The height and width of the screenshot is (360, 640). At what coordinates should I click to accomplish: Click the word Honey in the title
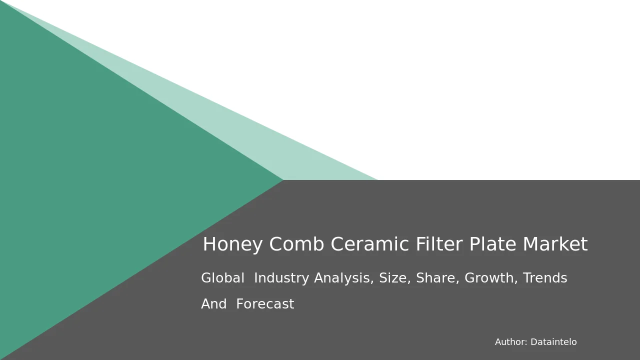pos(232,244)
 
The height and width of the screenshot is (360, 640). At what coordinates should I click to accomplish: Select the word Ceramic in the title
pos(370,244)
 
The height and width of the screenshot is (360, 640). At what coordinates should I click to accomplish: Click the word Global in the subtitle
pos(223,277)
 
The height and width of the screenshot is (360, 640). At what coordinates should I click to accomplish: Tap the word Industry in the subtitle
pos(281,278)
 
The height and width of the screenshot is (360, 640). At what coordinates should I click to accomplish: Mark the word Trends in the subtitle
pos(545,277)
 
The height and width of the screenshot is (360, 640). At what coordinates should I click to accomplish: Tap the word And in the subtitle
pos(214,303)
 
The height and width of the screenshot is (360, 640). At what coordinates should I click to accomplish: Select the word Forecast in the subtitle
pos(265,303)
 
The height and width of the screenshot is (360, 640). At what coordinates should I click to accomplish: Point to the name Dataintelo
pos(553,342)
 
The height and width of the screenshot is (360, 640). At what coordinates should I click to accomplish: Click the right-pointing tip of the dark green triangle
pos(283,180)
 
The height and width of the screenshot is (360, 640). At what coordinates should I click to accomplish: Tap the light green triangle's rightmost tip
pos(377,179)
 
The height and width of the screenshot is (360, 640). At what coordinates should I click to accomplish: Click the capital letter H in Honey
pos(209,244)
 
